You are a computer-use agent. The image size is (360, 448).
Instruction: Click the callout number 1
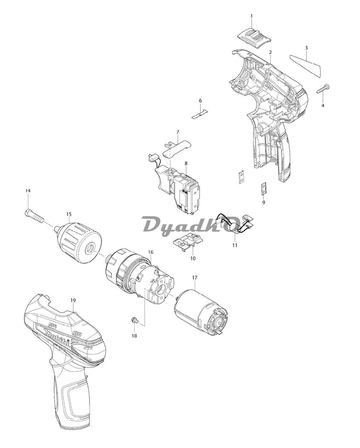(251, 16)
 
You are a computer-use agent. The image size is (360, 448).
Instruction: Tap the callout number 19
(73, 300)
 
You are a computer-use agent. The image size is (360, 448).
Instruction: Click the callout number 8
(186, 163)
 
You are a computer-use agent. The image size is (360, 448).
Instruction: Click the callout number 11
(235, 245)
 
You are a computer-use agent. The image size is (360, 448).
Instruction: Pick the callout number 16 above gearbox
(151, 252)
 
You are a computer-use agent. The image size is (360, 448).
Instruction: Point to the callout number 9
(264, 202)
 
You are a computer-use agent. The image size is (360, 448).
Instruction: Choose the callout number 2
(270, 52)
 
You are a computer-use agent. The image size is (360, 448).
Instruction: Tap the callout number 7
(178, 132)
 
